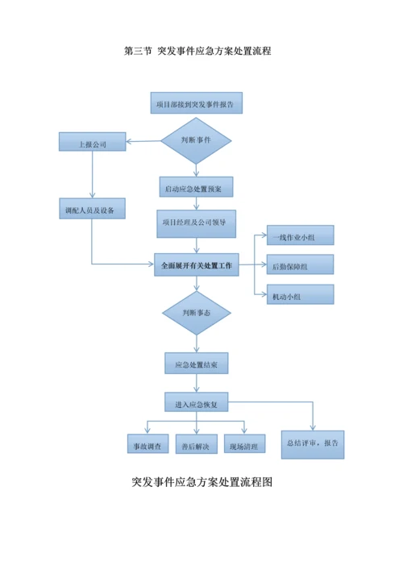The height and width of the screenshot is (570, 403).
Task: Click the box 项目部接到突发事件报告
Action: tap(196, 103)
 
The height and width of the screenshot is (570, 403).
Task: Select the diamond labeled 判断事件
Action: tap(196, 140)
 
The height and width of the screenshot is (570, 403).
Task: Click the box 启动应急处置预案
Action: tap(196, 187)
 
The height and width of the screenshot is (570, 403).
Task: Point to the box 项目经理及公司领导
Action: tap(196, 223)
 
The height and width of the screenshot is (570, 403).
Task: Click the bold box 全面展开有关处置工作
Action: tap(196, 264)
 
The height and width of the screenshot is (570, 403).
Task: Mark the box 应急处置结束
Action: tap(196, 364)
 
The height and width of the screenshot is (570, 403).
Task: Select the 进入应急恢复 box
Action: tap(196, 402)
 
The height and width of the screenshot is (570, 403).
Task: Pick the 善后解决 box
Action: tap(196, 444)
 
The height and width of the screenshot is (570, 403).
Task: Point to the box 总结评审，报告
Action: tap(314, 443)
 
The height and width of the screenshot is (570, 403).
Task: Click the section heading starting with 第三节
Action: tap(197, 51)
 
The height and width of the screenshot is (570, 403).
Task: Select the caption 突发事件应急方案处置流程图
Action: tap(202, 482)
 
